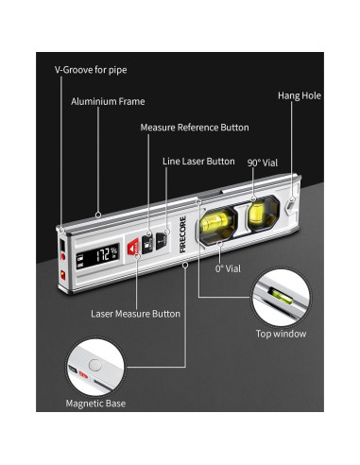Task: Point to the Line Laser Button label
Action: [199, 161]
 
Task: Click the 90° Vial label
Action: [264, 162]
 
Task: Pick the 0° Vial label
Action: [228, 268]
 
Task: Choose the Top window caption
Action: [281, 333]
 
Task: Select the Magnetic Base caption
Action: [95, 403]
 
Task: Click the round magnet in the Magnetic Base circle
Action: [94, 365]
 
